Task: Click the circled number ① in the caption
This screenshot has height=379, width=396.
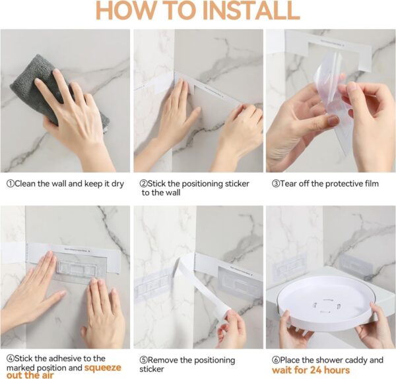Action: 10,183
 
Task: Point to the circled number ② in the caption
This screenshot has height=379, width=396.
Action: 143,183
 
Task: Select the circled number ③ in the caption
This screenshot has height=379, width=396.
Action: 277,183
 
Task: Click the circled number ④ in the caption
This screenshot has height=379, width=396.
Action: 10,360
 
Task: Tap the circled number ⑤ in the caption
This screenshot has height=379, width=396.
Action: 143,360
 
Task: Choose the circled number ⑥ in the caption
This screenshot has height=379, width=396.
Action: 277,360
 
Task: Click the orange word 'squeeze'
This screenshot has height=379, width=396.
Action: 102,368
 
